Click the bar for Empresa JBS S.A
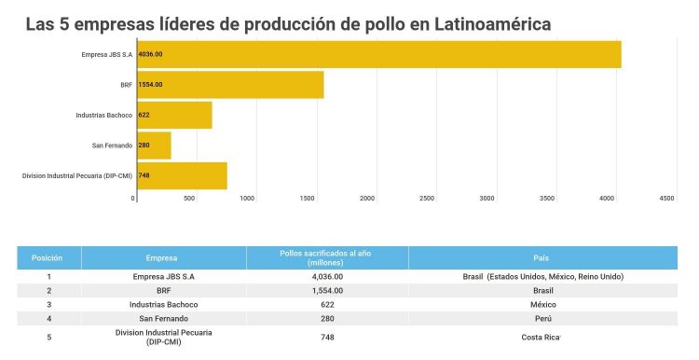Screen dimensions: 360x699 pyautogui.click(x=378, y=54)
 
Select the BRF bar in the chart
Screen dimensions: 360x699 pyautogui.click(x=230, y=85)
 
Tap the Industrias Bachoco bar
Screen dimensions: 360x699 pyautogui.click(x=174, y=115)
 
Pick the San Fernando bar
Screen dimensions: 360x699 pyautogui.click(x=154, y=145)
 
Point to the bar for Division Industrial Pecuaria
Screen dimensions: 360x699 pyautogui.click(x=182, y=175)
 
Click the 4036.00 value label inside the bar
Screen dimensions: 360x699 pyautogui.click(x=150, y=54)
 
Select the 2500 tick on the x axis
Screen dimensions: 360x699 pyautogui.click(x=427, y=199)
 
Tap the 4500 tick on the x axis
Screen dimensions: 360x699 pyautogui.click(x=666, y=199)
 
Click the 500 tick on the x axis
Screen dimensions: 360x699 pyautogui.click(x=189, y=199)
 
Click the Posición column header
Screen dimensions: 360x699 pyautogui.click(x=48, y=257)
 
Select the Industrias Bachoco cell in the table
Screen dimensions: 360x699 pyautogui.click(x=163, y=304)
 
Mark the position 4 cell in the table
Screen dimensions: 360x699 pyautogui.click(x=48, y=318)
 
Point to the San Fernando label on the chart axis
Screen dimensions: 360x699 pyautogui.click(x=112, y=145)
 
